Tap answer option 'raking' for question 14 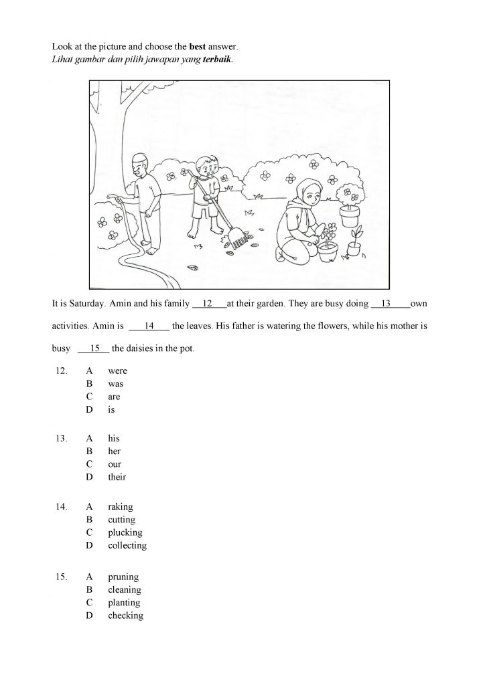[x=121, y=507]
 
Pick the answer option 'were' [x=117, y=371]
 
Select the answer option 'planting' [x=124, y=603]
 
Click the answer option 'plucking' [x=125, y=533]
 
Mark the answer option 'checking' [x=125, y=615]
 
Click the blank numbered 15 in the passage [x=94, y=348]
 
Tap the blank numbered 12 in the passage [x=209, y=304]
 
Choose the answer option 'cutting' [x=121, y=520]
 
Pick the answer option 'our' [x=115, y=464]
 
